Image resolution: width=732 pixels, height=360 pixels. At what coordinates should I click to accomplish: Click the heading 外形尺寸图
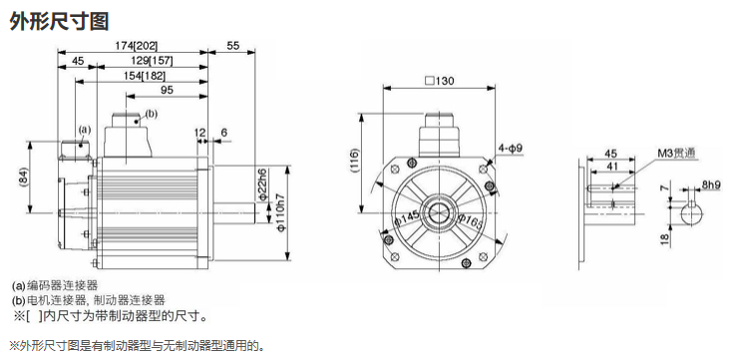[59, 21]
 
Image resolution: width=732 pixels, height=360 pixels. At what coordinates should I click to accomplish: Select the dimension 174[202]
[137, 46]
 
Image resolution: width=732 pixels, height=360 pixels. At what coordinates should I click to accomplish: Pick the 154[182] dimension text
[144, 76]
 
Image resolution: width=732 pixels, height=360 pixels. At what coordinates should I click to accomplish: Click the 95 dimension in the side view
[167, 90]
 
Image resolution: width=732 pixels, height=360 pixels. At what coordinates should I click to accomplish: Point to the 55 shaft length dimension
[232, 46]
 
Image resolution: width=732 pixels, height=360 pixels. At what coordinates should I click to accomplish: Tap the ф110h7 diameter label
[281, 211]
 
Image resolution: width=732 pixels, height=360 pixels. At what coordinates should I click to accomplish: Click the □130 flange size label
[439, 81]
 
